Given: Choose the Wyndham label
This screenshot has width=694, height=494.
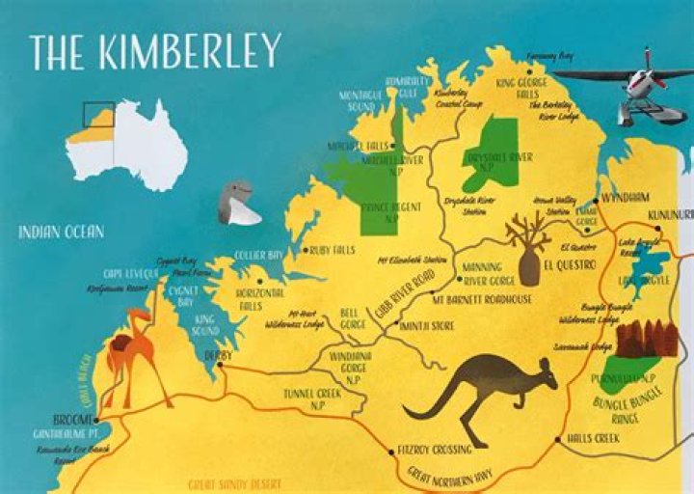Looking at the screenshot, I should [627, 196].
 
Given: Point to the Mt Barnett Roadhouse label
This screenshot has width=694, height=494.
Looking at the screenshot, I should [482, 299].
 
